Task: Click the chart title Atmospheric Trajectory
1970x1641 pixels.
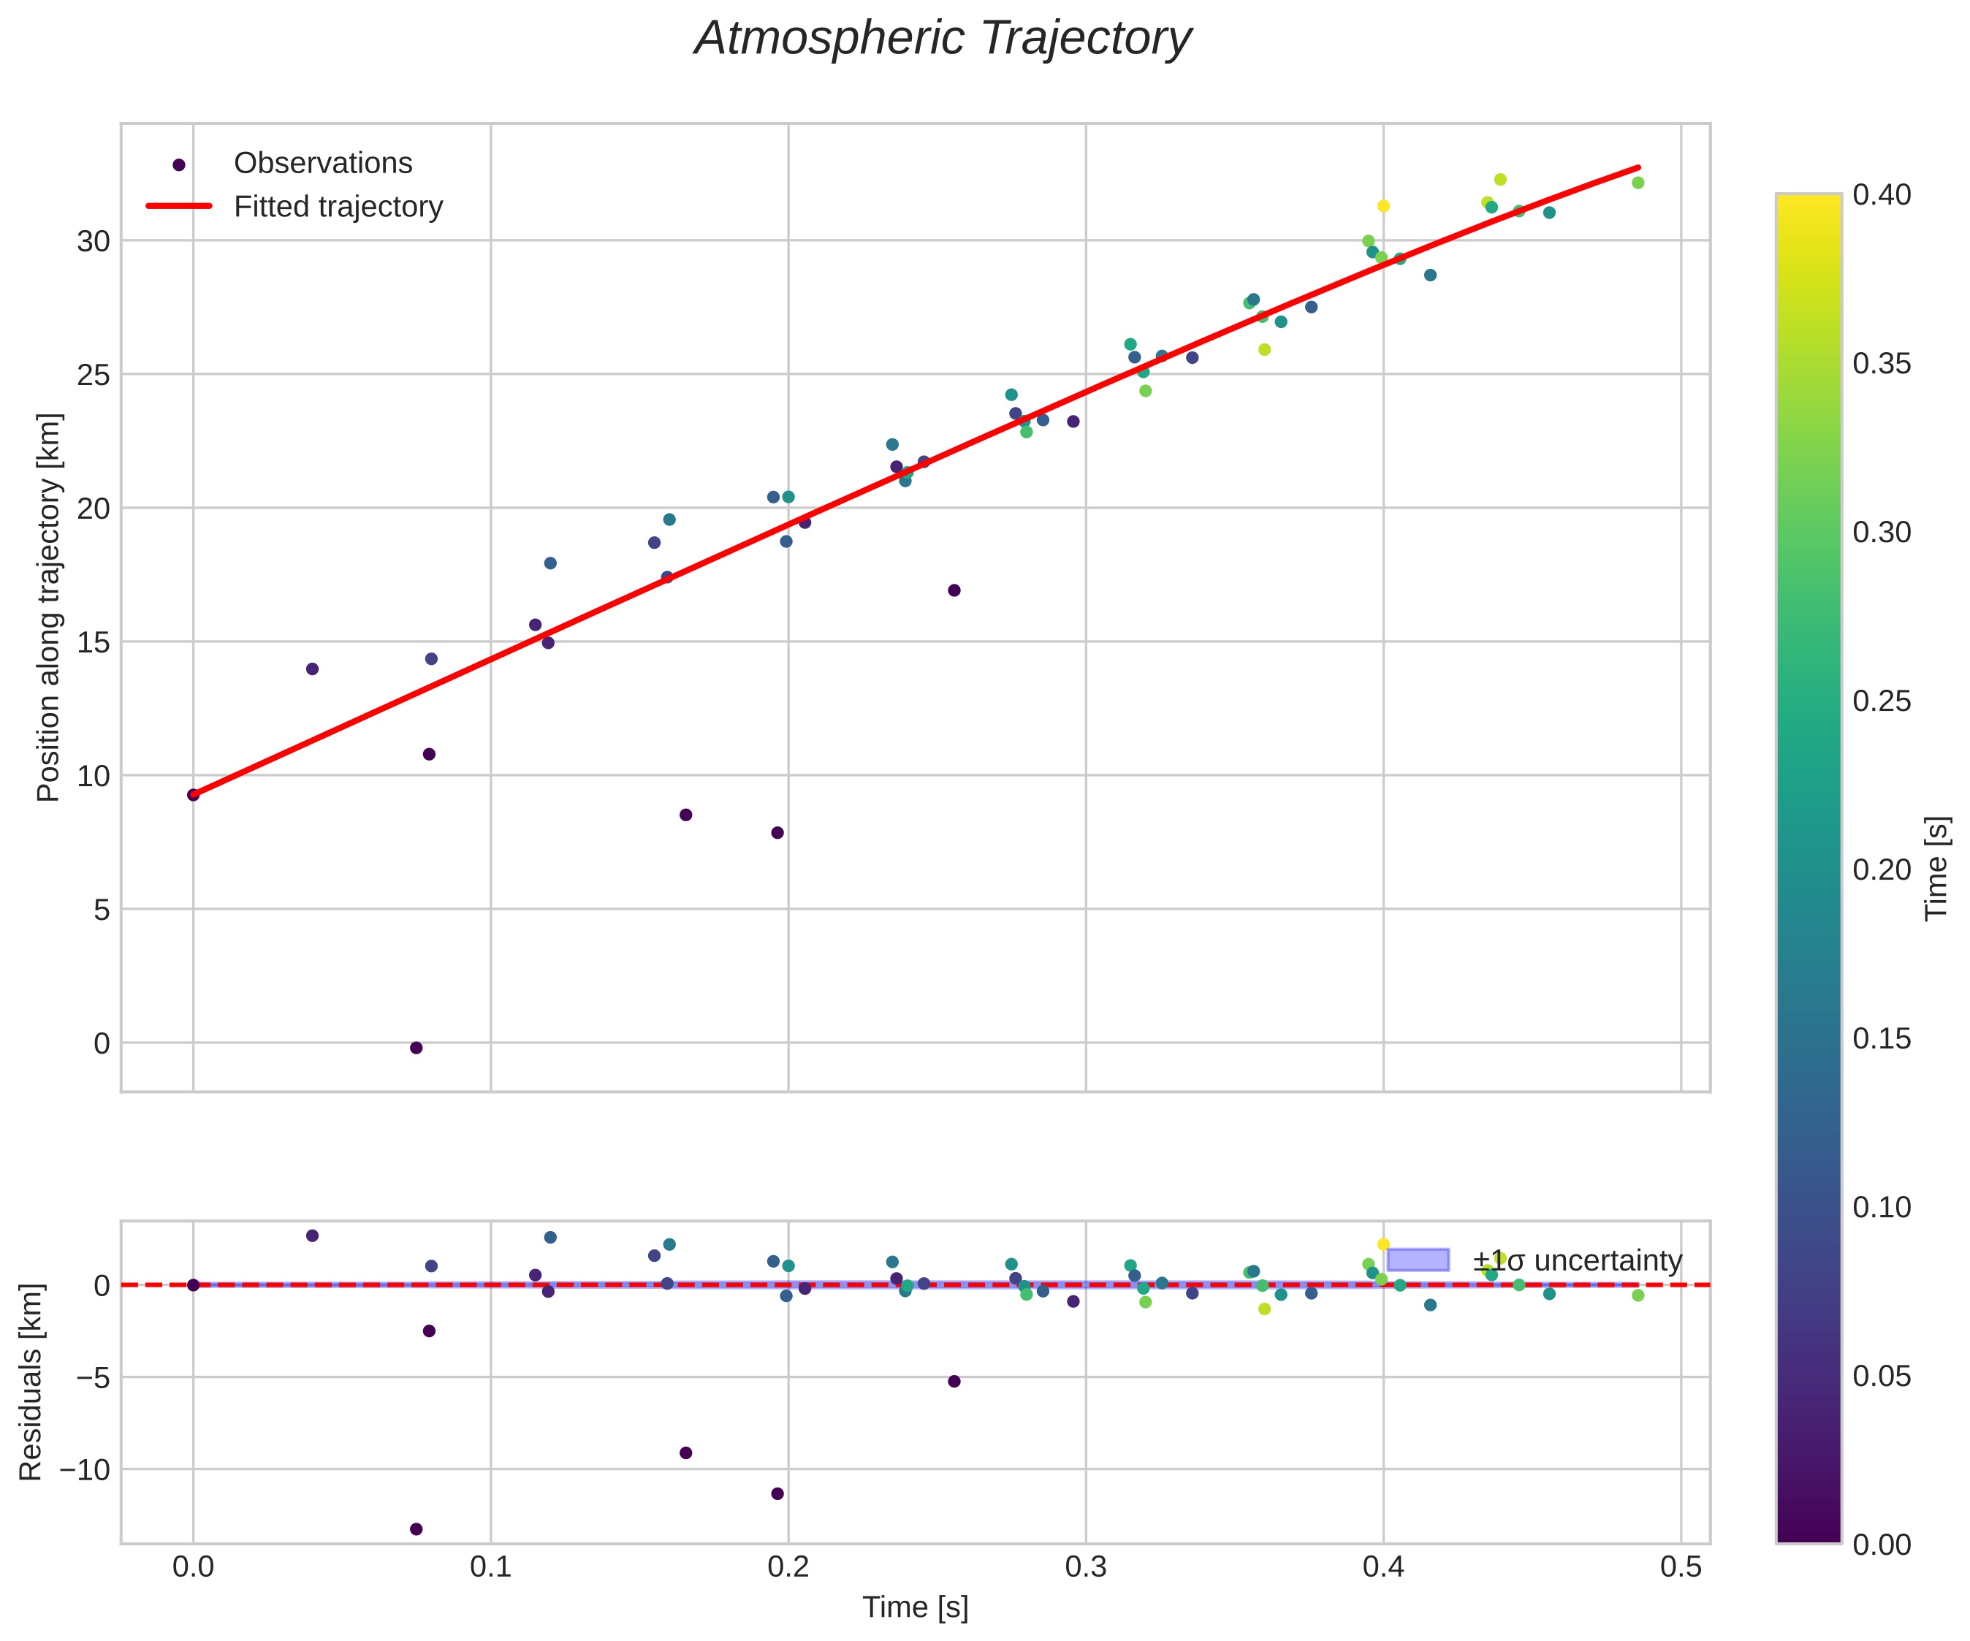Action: tap(942, 39)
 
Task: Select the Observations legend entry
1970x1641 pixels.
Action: tap(323, 163)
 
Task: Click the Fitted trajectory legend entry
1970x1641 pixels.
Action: tap(338, 207)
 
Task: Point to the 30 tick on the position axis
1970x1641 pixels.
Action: tap(93, 241)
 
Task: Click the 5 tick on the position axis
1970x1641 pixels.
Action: tap(102, 909)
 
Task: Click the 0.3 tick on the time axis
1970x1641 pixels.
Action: tap(1085, 1568)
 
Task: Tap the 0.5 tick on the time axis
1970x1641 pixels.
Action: tap(1680, 1568)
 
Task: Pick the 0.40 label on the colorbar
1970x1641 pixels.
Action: tap(1882, 195)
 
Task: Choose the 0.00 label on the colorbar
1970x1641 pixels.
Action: tap(1882, 1545)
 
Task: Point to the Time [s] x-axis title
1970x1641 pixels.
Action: tap(915, 1607)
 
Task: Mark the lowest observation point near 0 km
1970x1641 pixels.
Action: tap(417, 1048)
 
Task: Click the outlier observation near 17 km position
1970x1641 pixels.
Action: tap(954, 590)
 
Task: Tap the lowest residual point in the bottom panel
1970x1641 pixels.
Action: tap(417, 1529)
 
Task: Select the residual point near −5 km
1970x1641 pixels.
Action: tap(954, 1381)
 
